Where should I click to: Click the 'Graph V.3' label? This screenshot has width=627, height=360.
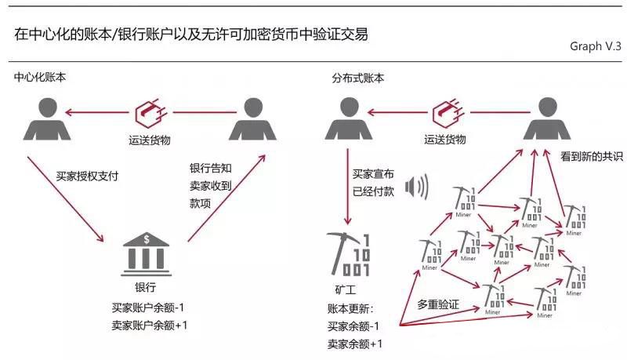(x=595, y=46)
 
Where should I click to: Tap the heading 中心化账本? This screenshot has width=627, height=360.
(x=40, y=78)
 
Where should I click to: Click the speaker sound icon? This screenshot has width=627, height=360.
(x=418, y=187)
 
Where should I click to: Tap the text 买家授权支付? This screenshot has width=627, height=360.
(x=87, y=176)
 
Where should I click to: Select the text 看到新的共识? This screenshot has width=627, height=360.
(x=593, y=157)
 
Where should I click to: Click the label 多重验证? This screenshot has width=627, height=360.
(x=436, y=302)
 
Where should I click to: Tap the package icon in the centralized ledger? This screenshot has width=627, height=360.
(x=149, y=113)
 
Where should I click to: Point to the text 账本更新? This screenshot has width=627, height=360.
(x=350, y=307)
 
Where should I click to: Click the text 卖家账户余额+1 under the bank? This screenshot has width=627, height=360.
(x=150, y=323)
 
